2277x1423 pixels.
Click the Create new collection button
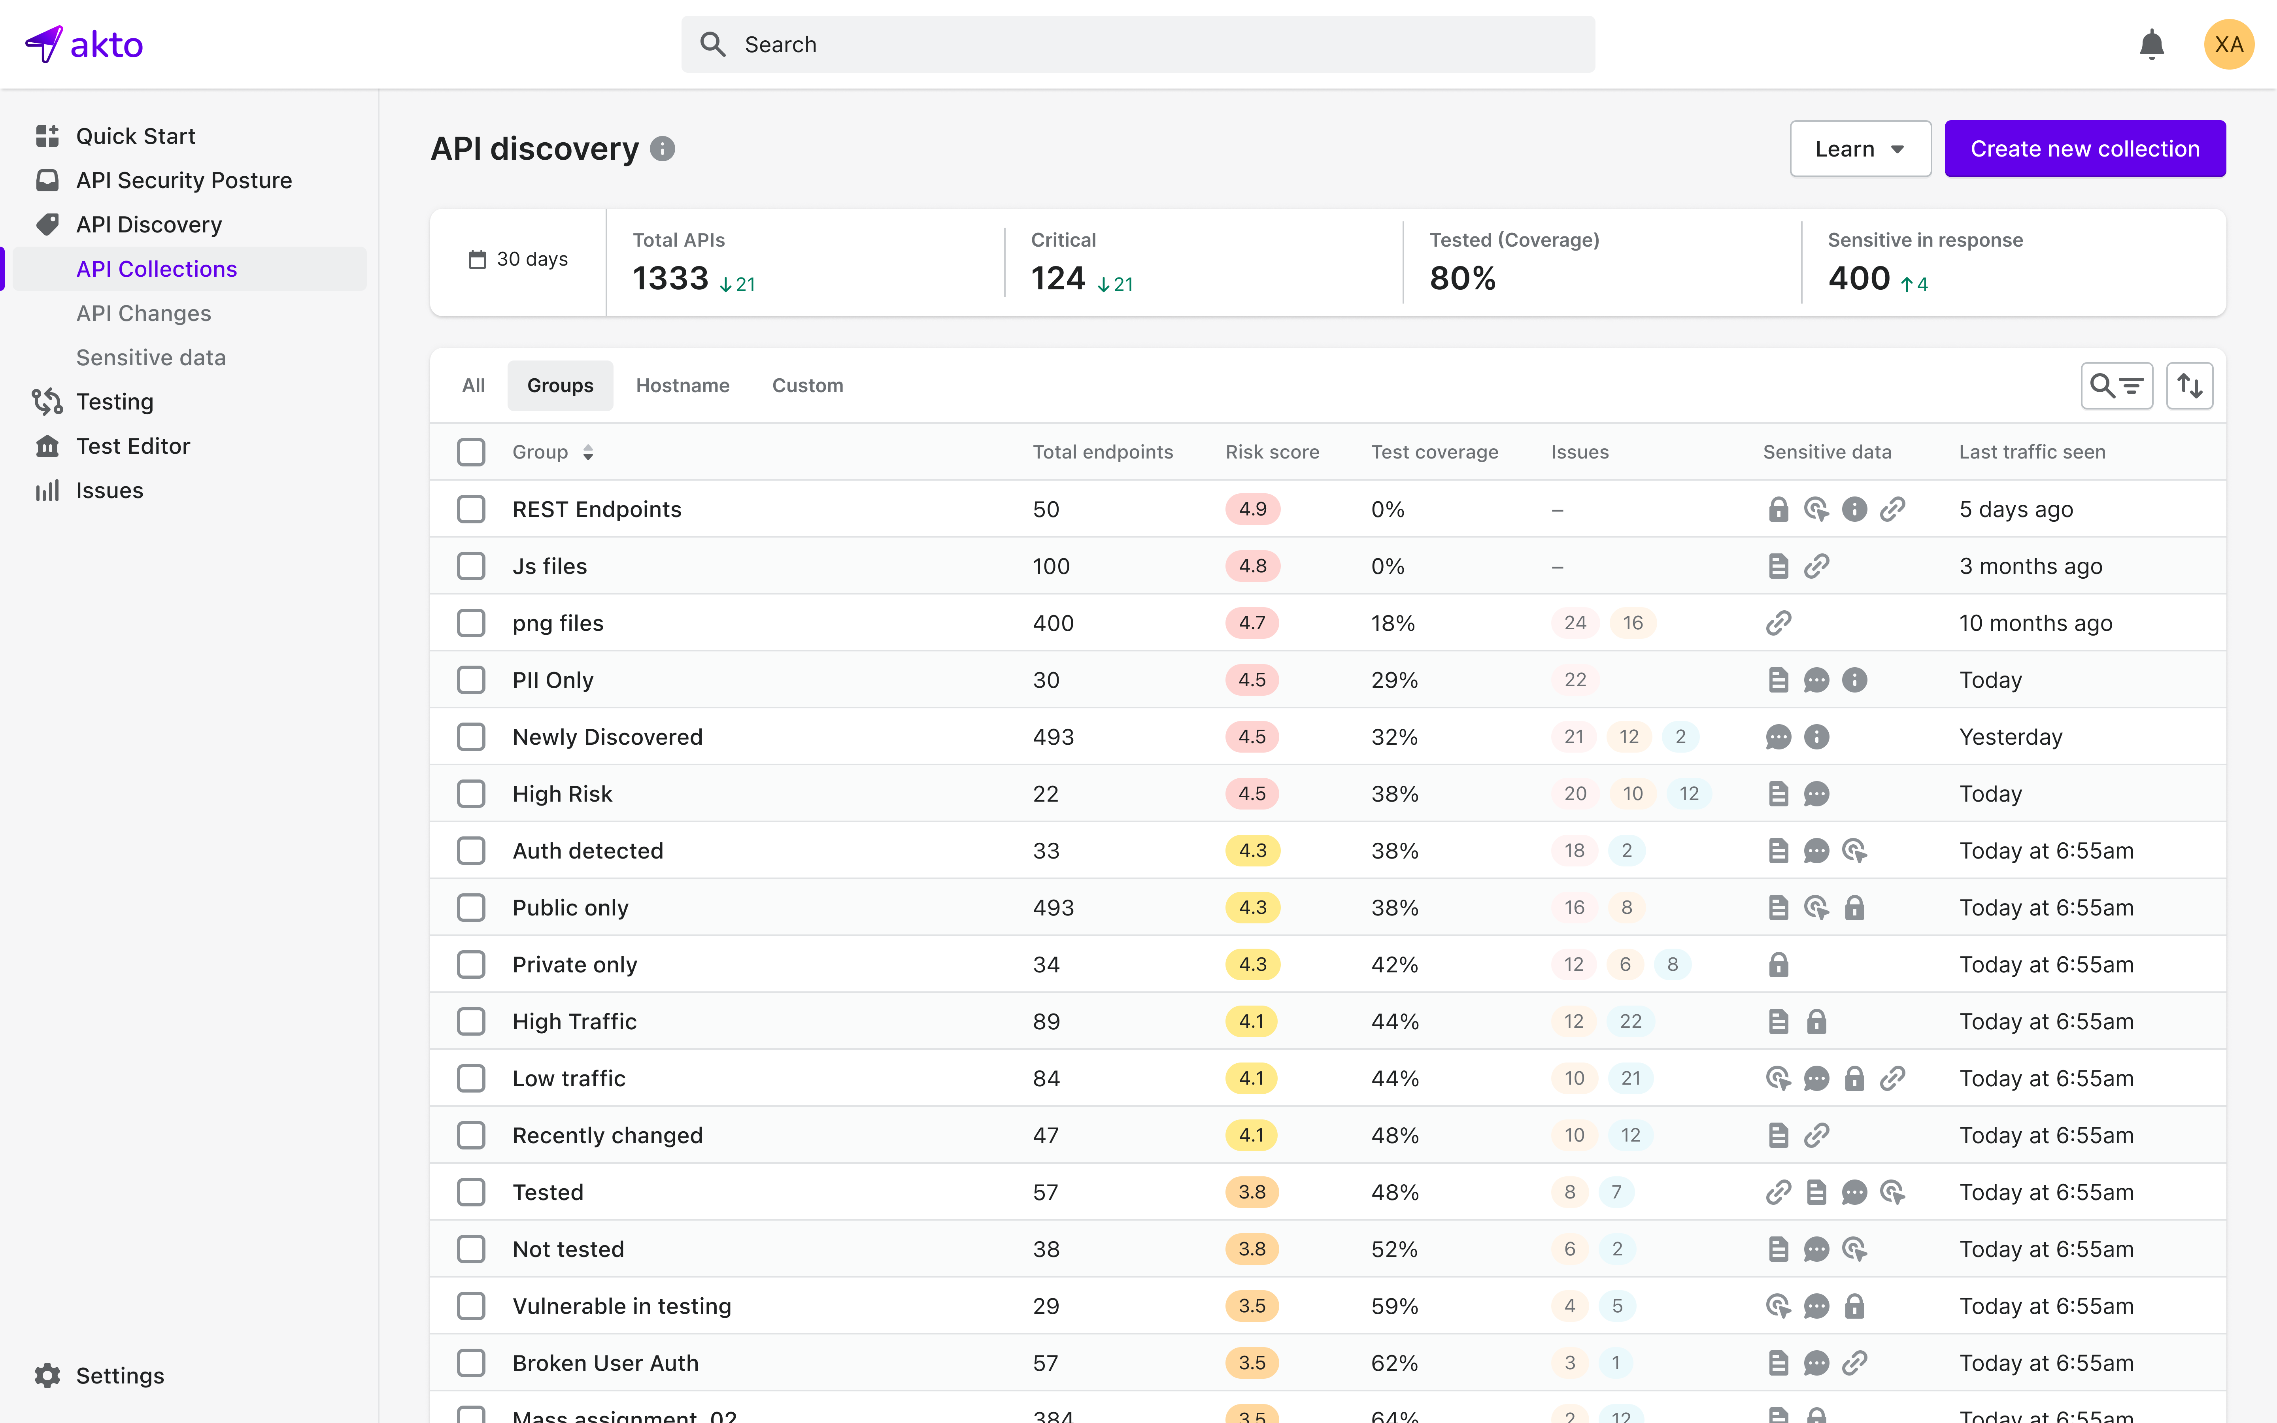[2084, 149]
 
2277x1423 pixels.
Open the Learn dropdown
[1859, 149]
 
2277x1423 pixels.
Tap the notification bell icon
[2151, 44]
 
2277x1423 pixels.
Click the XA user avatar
[2228, 44]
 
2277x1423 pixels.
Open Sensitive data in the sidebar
[151, 358]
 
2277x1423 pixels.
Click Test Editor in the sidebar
[133, 446]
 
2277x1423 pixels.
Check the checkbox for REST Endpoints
[470, 509]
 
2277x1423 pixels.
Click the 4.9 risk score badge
[1252, 509]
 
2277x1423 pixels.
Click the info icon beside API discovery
[663, 149]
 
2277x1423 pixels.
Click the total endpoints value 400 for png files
[1053, 623]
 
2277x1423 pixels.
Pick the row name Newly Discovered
[607, 737]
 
